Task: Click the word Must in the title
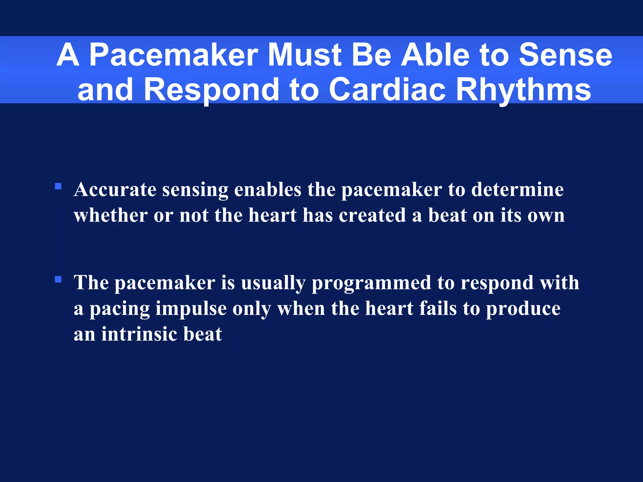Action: click(x=304, y=55)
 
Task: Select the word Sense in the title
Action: click(x=565, y=55)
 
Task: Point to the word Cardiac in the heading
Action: click(x=387, y=90)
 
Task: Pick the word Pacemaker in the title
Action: click(x=174, y=55)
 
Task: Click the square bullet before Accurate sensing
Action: click(x=58, y=186)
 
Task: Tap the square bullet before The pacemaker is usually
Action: click(x=58, y=279)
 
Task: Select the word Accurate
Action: click(x=115, y=190)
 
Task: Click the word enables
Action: click(x=267, y=190)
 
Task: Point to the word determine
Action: click(x=517, y=190)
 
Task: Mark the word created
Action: click(x=372, y=216)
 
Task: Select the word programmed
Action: click(x=371, y=283)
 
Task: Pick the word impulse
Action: click(x=191, y=309)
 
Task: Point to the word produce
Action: click(x=523, y=309)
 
